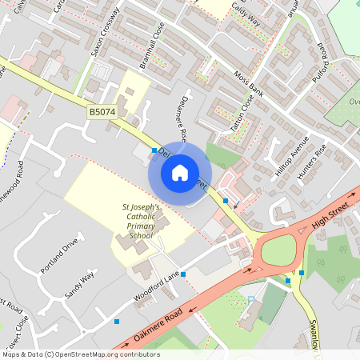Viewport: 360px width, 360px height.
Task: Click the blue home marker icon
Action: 180,173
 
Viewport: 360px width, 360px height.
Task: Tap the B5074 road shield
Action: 102,113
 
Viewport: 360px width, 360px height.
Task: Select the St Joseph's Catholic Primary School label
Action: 141,222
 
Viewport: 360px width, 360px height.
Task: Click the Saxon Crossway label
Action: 106,32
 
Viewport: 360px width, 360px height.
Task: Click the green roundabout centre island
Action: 278,252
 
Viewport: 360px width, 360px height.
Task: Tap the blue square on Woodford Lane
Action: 183,274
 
